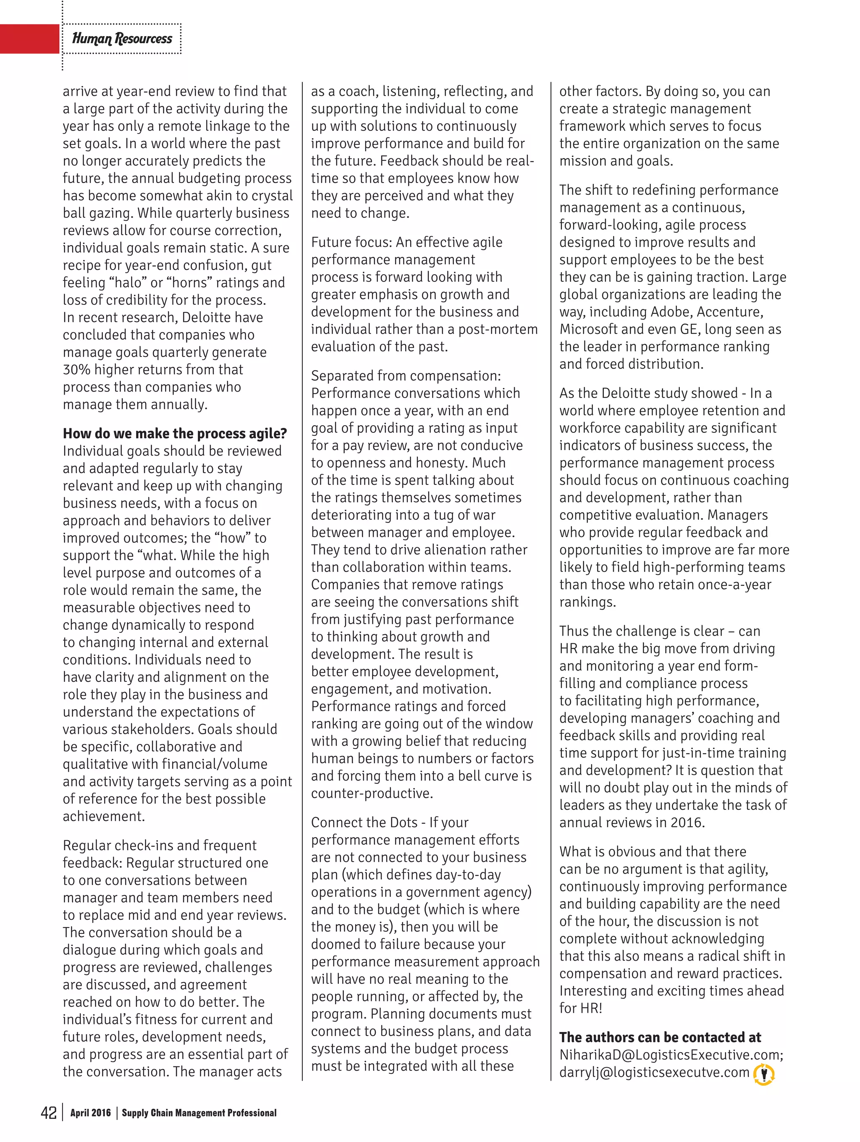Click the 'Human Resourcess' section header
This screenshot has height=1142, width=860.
[122, 39]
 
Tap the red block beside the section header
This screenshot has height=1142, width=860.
[29, 39]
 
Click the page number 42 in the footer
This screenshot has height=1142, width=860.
[49, 1112]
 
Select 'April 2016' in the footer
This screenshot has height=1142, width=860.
[90, 1113]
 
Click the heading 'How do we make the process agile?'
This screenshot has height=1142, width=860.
[175, 433]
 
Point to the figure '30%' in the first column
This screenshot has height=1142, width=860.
[76, 369]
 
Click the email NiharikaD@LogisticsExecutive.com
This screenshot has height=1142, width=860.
[671, 1054]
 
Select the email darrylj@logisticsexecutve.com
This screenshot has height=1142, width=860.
[654, 1072]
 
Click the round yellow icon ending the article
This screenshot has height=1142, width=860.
[764, 1074]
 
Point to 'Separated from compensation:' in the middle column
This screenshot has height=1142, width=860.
[406, 376]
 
